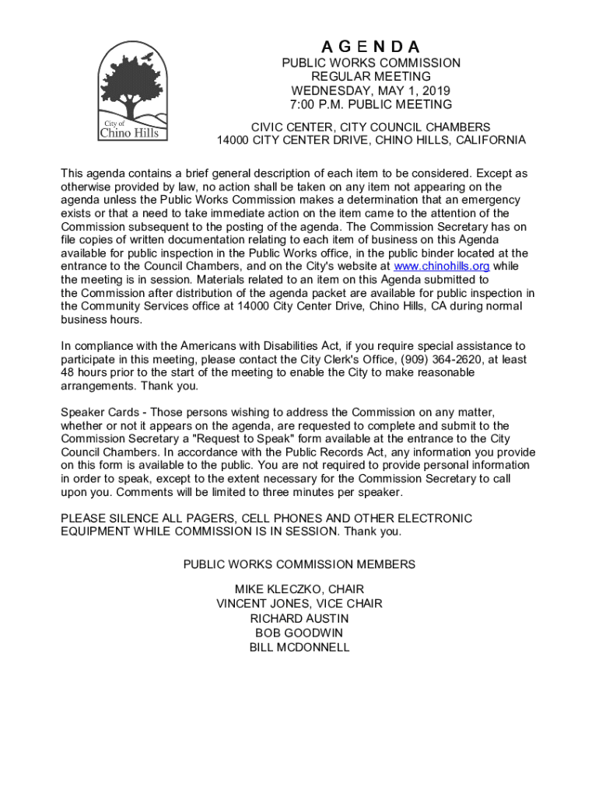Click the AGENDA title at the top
tap(371, 46)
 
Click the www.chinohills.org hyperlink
tap(442, 267)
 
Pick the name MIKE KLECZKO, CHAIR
tap(299, 589)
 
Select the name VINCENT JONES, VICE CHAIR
tap(299, 604)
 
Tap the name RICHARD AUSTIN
tap(299, 618)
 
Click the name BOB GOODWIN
tap(299, 633)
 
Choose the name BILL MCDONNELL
tap(299, 647)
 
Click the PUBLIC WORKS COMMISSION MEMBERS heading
tap(299, 564)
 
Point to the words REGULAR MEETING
tap(371, 76)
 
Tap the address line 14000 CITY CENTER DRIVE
tap(295, 141)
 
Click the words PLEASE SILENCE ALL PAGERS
tap(148, 518)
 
